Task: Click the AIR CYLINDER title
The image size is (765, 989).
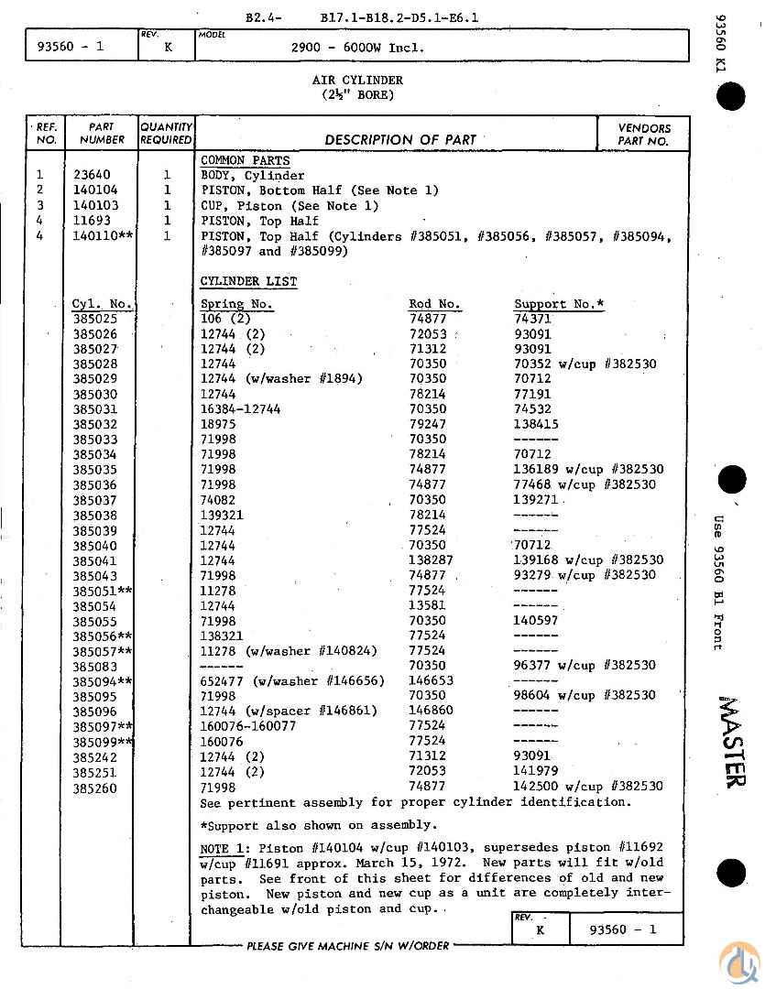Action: coord(357,81)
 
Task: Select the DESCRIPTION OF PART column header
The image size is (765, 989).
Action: coord(399,140)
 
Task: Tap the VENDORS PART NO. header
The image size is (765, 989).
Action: coord(643,135)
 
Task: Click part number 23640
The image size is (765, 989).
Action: coord(92,176)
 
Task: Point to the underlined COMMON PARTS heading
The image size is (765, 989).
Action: coord(245,160)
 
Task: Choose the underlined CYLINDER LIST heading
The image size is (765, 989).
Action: coord(248,281)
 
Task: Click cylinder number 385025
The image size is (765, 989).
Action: coord(95,319)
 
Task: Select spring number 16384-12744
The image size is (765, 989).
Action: coord(240,409)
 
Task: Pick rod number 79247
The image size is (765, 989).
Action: coord(428,424)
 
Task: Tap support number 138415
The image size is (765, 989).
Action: coord(536,424)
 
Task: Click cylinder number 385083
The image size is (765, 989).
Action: coord(95,666)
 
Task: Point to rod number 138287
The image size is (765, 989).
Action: coord(432,560)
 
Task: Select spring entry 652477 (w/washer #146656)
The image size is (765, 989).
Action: coord(292,680)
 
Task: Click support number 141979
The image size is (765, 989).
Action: coord(536,771)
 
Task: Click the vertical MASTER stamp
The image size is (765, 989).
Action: coord(732,742)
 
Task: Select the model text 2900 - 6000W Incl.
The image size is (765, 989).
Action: coord(357,48)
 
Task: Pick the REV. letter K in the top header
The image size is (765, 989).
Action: coord(167,47)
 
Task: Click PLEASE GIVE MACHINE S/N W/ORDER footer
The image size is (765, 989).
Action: coord(347,946)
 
